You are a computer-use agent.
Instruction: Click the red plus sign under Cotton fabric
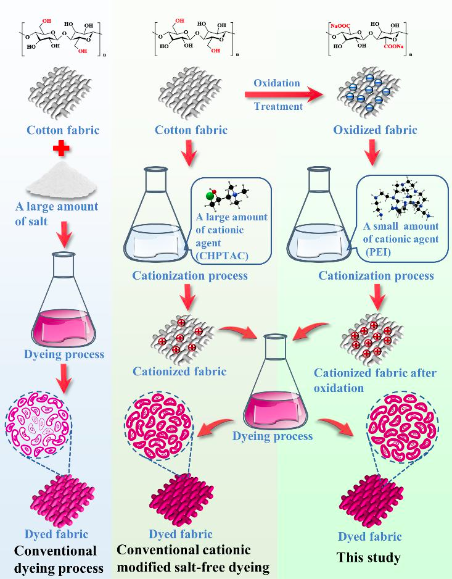(x=61, y=149)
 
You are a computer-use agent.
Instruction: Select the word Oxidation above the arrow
(x=277, y=83)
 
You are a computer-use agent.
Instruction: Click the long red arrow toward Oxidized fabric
(x=284, y=95)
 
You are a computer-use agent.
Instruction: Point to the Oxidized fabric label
(x=375, y=130)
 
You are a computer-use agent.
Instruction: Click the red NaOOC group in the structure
(x=340, y=26)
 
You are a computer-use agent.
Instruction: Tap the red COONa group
(x=393, y=47)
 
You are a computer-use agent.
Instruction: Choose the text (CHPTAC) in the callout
(x=222, y=256)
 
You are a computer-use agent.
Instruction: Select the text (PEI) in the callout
(x=378, y=252)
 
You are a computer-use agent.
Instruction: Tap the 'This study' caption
(x=369, y=557)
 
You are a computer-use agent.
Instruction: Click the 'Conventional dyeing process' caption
(x=59, y=559)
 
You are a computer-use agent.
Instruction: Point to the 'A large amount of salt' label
(x=57, y=214)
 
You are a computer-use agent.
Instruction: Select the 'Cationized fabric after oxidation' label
(x=375, y=380)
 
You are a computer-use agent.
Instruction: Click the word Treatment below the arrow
(x=279, y=106)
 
